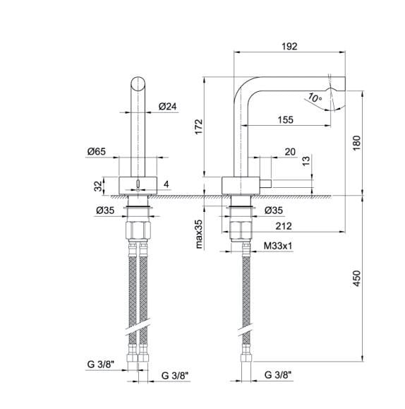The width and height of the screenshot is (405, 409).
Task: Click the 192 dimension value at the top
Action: click(x=289, y=47)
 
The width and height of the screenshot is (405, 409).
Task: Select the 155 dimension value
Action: click(x=285, y=120)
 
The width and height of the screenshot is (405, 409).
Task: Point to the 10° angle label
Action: click(x=315, y=97)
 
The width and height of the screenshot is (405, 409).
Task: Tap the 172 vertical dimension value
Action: click(x=199, y=126)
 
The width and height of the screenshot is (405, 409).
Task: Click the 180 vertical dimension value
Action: click(x=356, y=143)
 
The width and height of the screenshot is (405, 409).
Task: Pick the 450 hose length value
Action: click(x=357, y=278)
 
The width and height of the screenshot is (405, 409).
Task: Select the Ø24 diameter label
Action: click(x=168, y=107)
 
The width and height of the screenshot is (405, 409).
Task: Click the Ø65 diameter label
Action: click(x=97, y=152)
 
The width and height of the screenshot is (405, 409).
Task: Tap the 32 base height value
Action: click(x=98, y=186)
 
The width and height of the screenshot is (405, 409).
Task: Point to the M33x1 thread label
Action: click(x=278, y=246)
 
